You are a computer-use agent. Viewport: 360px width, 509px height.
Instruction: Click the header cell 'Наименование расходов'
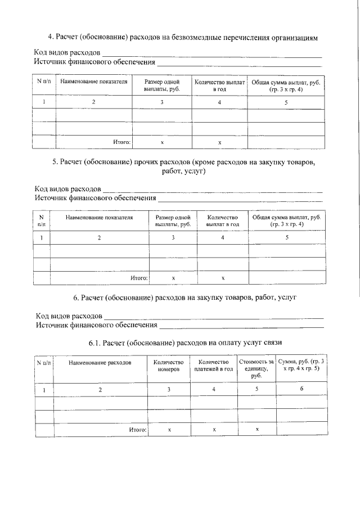pyautogui.click(x=100, y=363)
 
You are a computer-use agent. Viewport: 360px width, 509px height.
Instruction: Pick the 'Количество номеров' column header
pyautogui.click(x=169, y=367)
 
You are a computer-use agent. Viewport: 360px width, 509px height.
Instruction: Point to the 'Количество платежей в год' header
pyautogui.click(x=213, y=367)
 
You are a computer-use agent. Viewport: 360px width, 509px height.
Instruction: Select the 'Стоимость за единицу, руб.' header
pyautogui.click(x=256, y=369)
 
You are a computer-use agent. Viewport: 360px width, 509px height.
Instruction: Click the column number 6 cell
pyautogui.click(x=301, y=389)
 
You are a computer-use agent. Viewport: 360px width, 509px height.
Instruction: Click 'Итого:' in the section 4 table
pyautogui.click(x=121, y=143)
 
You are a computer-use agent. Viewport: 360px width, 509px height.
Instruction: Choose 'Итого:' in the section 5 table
pyautogui.click(x=139, y=278)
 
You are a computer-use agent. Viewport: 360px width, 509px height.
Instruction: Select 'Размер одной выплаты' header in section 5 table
pyautogui.click(x=173, y=221)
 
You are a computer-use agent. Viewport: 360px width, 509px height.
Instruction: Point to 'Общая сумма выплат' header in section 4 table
pyautogui.click(x=286, y=85)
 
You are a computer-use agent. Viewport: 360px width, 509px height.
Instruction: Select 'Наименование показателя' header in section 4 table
pyautogui.click(x=94, y=82)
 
